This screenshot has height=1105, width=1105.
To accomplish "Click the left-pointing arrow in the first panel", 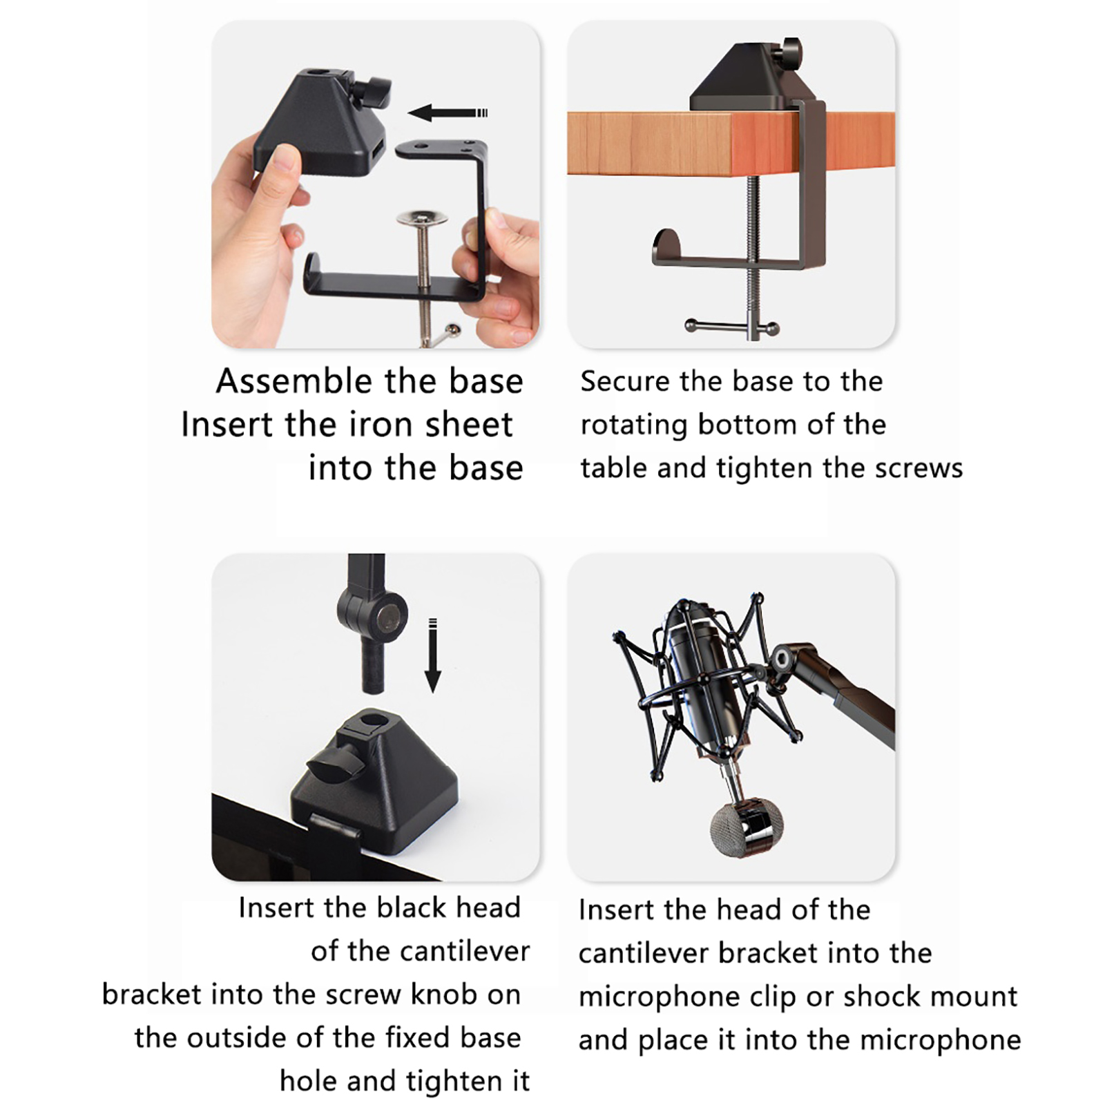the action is pos(448,113).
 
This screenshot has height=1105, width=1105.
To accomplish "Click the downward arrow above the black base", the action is pos(433,655).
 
